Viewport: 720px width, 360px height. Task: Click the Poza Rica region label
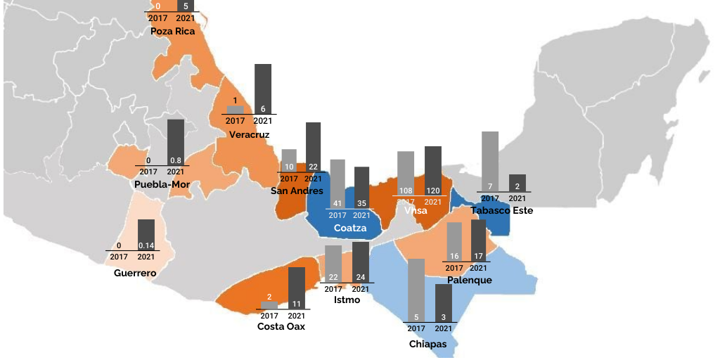pos(172,31)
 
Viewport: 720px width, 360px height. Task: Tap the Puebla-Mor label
pos(167,185)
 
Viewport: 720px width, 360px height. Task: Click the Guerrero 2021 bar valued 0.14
pos(146,235)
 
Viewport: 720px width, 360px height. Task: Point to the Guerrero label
pos(135,273)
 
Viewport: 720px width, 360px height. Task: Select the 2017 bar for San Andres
pos(288,161)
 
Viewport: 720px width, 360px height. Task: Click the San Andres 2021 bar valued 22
pos(313,147)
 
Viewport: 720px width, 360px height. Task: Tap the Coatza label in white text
pos(349,228)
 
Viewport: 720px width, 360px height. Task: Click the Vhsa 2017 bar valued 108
pos(405,173)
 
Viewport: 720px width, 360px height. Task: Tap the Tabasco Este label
pos(501,210)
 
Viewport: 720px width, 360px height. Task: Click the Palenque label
pos(469,280)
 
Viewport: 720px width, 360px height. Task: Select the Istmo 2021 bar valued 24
pos(360,262)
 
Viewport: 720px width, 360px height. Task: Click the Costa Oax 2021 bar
pos(296,288)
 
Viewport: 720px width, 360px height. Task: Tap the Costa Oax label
pos(281,326)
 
